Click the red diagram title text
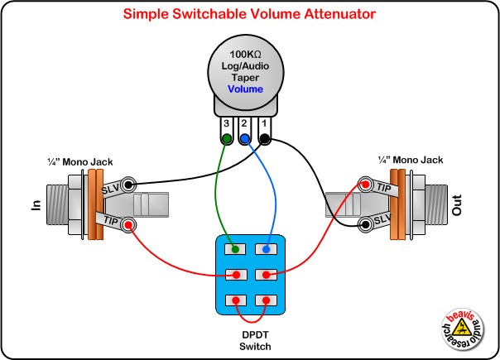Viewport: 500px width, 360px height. (249, 14)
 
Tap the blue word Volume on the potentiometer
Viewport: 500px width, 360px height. (245, 89)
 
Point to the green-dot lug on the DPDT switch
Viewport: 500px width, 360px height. (237, 248)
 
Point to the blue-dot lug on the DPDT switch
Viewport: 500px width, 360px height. (265, 248)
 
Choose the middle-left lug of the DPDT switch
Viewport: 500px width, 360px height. (237, 274)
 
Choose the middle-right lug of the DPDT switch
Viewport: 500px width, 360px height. (265, 274)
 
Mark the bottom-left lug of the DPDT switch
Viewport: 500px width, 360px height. (237, 300)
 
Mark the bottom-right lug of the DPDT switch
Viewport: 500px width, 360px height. (265, 300)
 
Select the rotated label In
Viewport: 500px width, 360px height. (36, 204)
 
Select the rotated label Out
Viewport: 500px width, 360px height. (458, 204)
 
